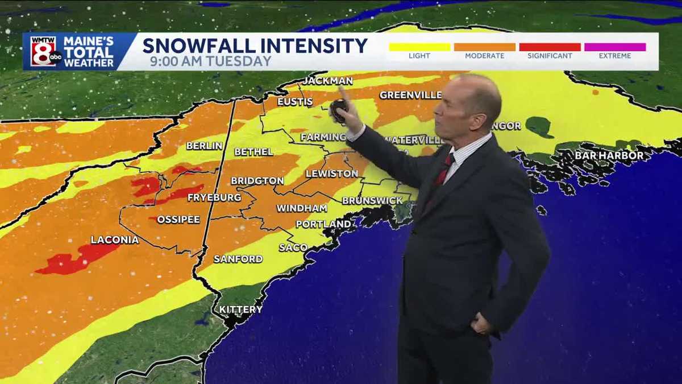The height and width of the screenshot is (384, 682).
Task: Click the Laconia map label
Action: point(114,240)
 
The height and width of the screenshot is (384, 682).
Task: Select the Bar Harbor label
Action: point(609,155)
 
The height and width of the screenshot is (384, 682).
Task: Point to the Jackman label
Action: point(327,81)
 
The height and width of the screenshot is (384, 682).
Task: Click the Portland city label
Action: point(323,224)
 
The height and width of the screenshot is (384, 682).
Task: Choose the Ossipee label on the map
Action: point(178,220)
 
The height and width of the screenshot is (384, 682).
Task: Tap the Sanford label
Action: point(238,259)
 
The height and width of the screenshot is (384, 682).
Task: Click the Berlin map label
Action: point(204,146)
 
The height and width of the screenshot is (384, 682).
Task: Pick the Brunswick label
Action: point(372,201)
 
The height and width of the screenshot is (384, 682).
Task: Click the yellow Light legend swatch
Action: point(419,47)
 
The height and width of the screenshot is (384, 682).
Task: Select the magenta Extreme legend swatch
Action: point(615,47)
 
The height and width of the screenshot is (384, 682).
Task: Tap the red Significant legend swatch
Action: point(550,47)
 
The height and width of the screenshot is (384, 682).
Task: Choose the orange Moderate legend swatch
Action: point(484,47)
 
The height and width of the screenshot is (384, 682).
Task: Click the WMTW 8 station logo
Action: point(44,51)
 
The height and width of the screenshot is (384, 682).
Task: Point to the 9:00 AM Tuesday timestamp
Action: point(211,61)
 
